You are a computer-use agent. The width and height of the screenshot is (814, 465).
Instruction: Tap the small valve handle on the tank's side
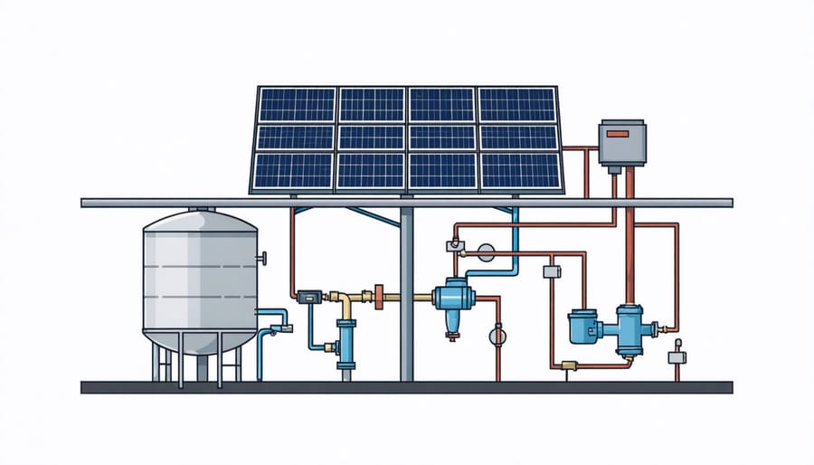point(264,260)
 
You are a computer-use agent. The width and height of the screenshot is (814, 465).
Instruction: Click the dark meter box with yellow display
point(307,295)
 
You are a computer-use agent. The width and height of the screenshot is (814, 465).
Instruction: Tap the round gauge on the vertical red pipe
point(496,336)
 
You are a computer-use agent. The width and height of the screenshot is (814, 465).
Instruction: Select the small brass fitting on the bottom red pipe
point(567,365)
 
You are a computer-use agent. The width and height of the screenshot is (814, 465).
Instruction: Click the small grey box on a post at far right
point(677,357)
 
